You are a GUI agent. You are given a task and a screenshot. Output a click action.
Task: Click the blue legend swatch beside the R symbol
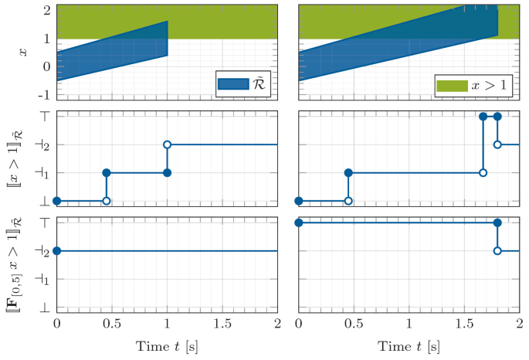(x=230, y=84)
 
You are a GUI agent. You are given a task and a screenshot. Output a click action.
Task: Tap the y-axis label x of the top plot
(x=22, y=51)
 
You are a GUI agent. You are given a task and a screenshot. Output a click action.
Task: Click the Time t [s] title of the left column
(x=167, y=345)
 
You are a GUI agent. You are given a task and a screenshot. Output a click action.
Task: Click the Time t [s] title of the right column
(x=409, y=345)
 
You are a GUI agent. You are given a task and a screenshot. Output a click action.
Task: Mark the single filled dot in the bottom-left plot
(x=56, y=251)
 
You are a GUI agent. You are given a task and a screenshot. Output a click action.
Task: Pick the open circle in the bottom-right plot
(x=497, y=251)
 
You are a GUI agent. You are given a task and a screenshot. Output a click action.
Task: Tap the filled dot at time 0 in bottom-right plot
(x=299, y=222)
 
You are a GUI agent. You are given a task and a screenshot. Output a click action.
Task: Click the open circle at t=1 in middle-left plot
(x=167, y=144)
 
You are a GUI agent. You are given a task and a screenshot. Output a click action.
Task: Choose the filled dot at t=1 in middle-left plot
(x=167, y=172)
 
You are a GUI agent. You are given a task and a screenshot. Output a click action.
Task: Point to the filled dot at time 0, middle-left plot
(x=56, y=201)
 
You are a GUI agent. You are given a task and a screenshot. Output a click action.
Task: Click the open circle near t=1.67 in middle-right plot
(x=483, y=172)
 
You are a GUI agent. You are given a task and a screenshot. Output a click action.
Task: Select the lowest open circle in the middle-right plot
(x=348, y=201)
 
